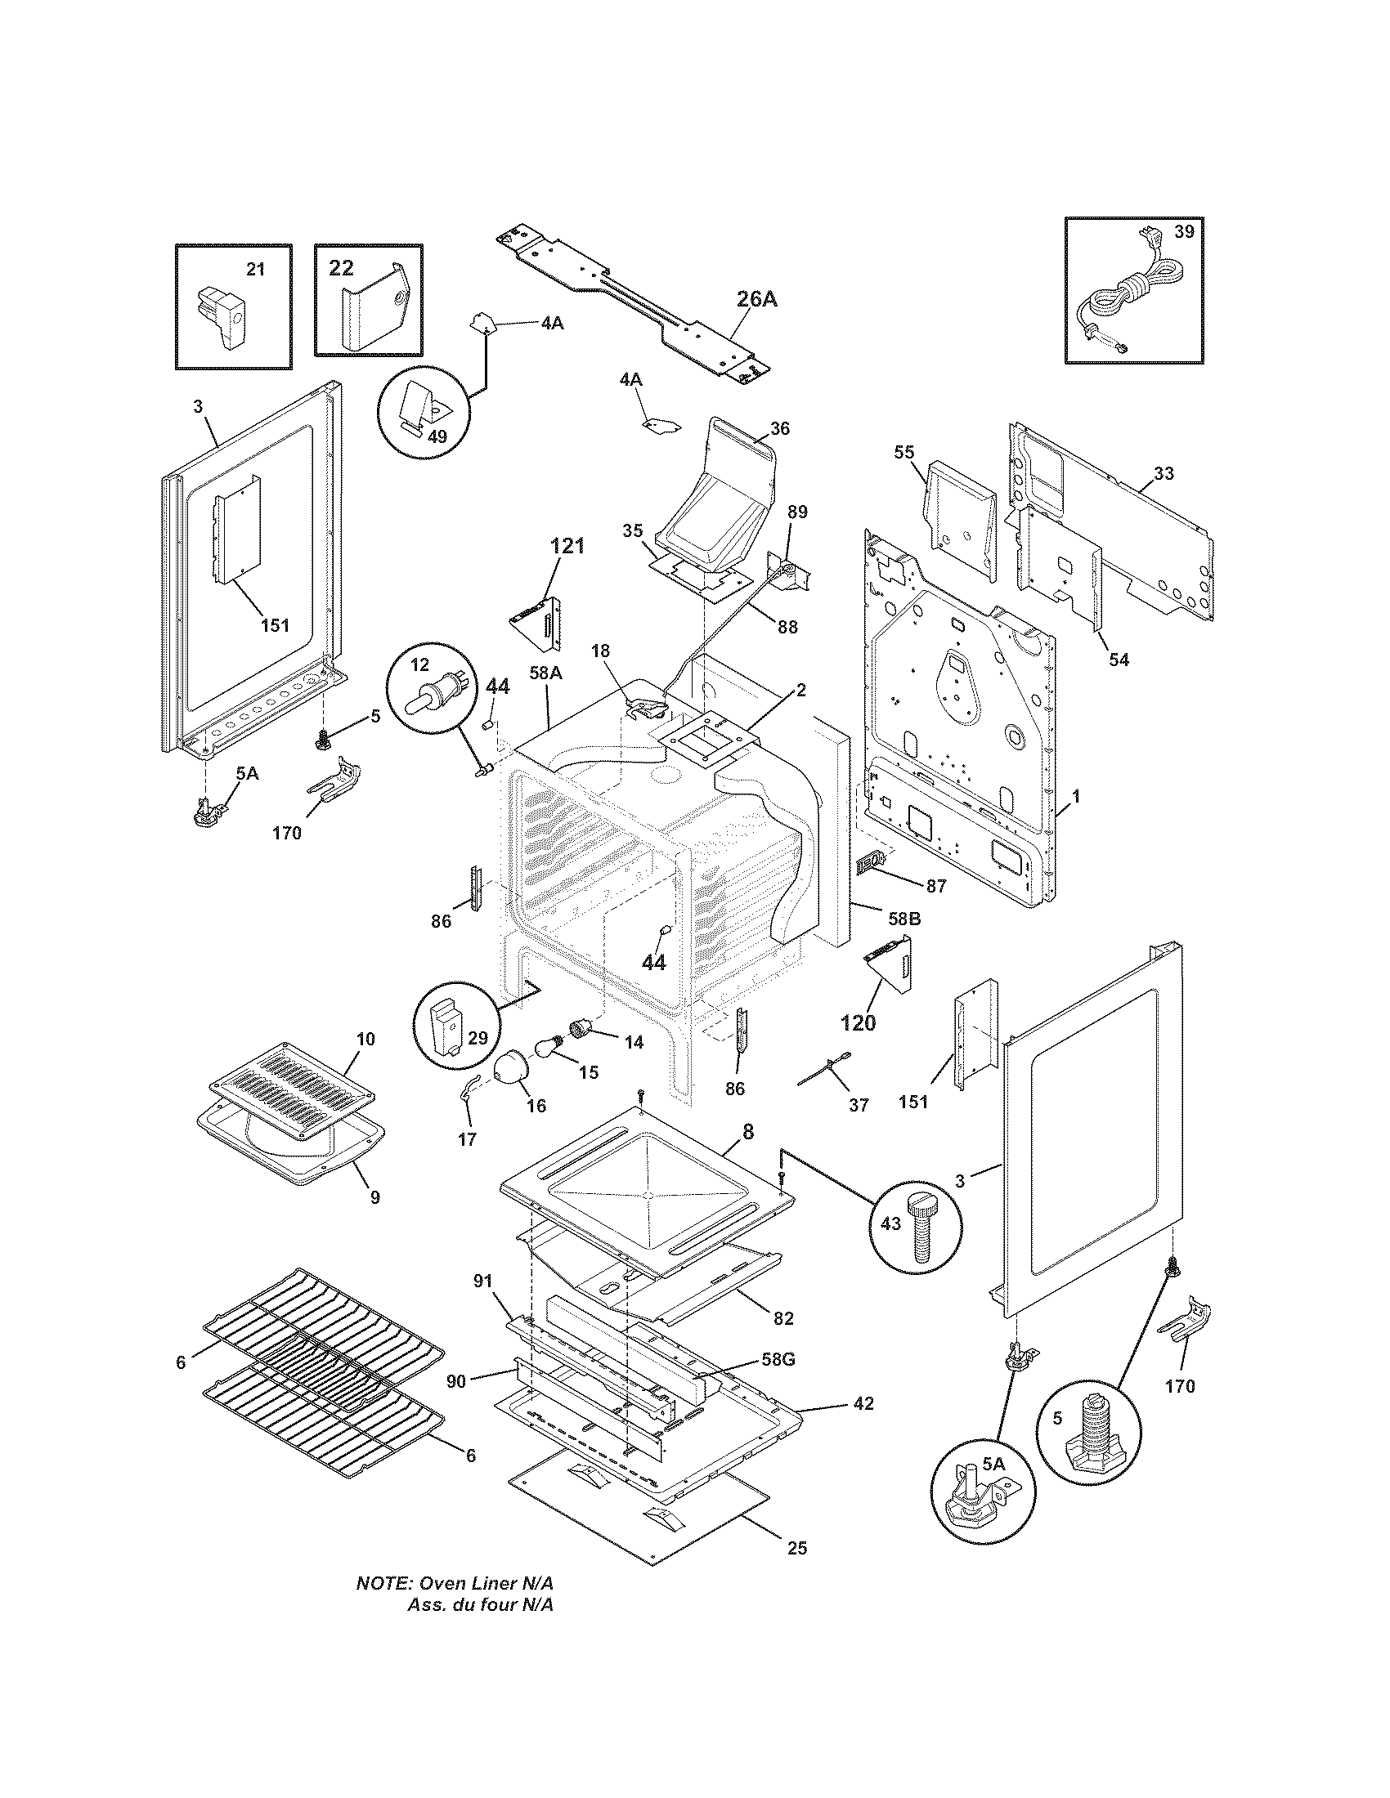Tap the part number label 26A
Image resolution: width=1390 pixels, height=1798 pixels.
click(x=756, y=299)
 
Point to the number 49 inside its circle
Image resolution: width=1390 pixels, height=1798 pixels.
click(x=438, y=436)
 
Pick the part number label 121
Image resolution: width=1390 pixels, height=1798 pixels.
click(x=567, y=545)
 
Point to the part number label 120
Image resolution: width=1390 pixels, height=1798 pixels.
click(x=858, y=1023)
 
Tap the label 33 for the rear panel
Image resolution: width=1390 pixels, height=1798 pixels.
click(x=1164, y=473)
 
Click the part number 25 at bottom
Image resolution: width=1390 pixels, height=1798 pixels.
click(x=797, y=1547)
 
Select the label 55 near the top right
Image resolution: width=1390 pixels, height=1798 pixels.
click(x=904, y=451)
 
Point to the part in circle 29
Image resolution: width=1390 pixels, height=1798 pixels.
click(x=450, y=1026)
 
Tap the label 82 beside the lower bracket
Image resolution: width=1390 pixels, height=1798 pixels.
click(x=783, y=1318)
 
